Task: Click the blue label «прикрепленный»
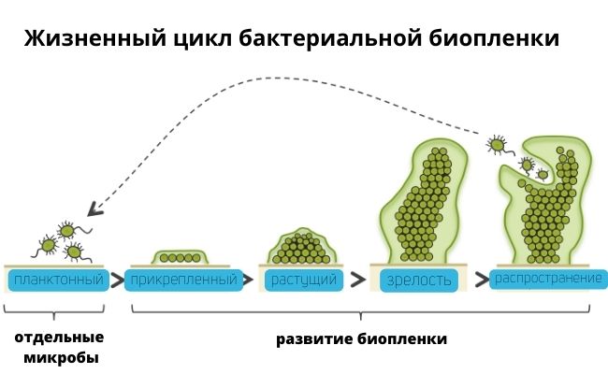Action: click(x=184, y=279)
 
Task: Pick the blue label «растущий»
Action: click(x=302, y=279)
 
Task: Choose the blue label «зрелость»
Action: click(x=417, y=279)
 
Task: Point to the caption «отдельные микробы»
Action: click(x=58, y=347)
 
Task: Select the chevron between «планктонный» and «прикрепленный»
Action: click(x=118, y=279)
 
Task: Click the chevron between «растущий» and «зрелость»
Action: click(x=358, y=279)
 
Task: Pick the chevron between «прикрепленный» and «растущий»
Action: click(x=251, y=279)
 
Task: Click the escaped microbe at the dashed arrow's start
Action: click(x=498, y=144)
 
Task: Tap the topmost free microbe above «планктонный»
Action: click(x=66, y=230)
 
